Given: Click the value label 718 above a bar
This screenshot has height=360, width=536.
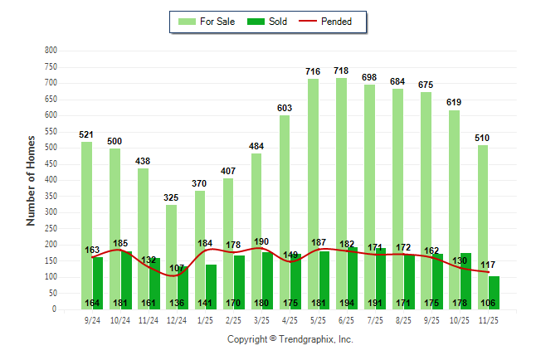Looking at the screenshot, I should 341,71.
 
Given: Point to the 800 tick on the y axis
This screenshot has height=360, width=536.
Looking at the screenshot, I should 51,51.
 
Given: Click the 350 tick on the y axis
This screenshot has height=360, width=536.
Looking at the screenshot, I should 51,197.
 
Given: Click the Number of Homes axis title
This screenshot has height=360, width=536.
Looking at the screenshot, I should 31,180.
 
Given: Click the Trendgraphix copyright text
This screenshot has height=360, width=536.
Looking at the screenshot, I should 290,339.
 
